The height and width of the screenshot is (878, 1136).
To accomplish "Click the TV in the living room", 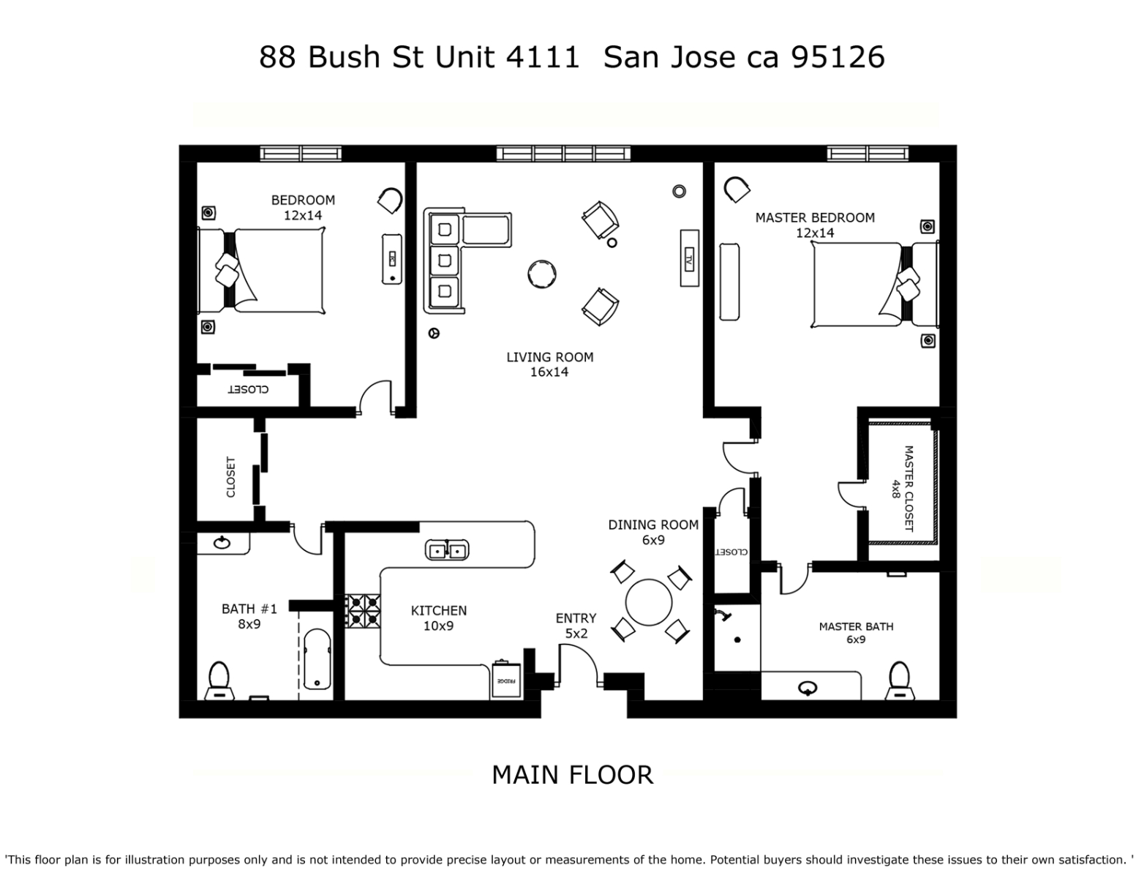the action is pos(689,258).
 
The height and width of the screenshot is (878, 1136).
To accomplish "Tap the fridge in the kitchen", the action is pos(505,679).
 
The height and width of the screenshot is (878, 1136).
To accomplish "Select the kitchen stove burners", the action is pos(363,611).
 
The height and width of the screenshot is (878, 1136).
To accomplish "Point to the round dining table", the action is pos(648,602).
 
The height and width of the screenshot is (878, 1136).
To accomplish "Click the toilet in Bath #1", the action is pos(219,680).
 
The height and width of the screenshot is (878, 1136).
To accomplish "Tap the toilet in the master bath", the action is pos(899,680).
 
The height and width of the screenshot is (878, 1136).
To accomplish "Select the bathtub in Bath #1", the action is pos(317,659).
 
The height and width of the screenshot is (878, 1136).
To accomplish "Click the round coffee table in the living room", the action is pos(541,274).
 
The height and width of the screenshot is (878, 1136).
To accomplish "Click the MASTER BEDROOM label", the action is pos(814,217).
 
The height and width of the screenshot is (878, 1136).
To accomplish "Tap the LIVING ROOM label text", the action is pos(549,357).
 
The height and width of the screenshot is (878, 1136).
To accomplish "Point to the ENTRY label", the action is pos(576,619).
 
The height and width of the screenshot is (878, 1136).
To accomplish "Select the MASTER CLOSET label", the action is pos(909,489).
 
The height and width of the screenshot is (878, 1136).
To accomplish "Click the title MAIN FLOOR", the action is pos(573,775).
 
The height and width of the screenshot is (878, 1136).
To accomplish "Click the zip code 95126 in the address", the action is pos(838,57).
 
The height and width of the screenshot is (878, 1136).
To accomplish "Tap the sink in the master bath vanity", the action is pos(808,688).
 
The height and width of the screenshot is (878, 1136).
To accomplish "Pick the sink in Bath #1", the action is pos(222,543).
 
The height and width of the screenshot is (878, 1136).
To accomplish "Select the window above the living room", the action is pos(563,154).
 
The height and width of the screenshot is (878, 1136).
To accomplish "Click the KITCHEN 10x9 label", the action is pos(438,618).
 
